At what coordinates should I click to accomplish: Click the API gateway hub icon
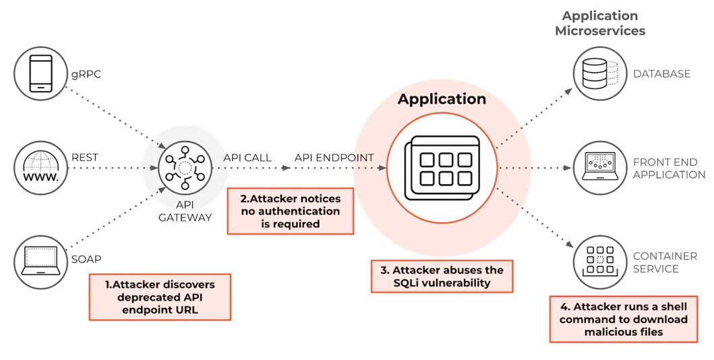pos(184,168)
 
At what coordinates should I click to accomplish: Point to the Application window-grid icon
pos(442,168)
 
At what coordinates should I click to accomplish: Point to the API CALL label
pos(247,158)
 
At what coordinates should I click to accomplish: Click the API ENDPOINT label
pos(334,158)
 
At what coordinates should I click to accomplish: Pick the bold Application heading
pos(442,99)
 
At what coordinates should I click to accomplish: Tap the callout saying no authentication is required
pos(291,211)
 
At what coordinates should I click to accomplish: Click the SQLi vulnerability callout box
pos(442,276)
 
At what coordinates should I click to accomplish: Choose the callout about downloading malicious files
pos(624,319)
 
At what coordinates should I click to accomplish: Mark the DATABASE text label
pos(661,73)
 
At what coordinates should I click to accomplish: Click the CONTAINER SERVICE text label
pos(665,262)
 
